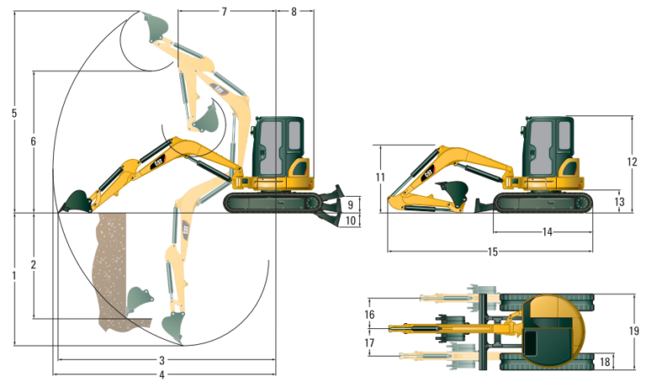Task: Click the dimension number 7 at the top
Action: click(x=225, y=12)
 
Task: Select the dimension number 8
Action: click(x=294, y=12)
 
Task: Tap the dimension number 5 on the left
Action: click(x=14, y=114)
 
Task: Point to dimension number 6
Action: click(x=33, y=141)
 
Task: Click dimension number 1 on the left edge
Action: click(x=14, y=275)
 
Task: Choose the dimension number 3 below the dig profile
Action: click(x=162, y=360)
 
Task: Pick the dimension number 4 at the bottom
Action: click(x=162, y=374)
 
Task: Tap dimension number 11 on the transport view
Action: click(x=380, y=177)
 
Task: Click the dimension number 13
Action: click(x=619, y=202)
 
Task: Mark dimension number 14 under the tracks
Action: click(x=547, y=232)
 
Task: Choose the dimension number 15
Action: click(x=492, y=252)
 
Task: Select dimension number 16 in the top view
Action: click(x=369, y=314)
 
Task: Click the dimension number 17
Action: click(x=369, y=342)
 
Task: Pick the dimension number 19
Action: click(x=633, y=331)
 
